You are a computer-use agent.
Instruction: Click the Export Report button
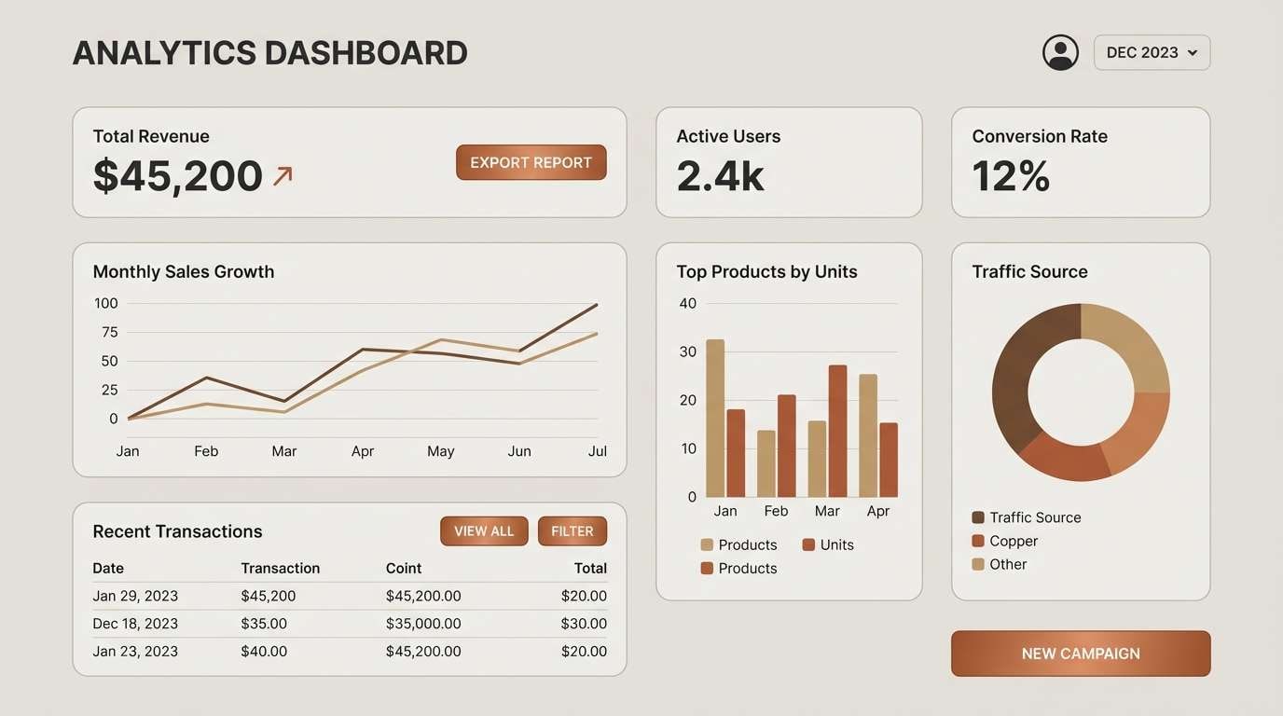[x=531, y=162]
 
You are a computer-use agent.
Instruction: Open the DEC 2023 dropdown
[x=1152, y=53]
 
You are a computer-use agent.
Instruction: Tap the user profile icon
[x=1060, y=53]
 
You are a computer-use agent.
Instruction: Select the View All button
[x=484, y=531]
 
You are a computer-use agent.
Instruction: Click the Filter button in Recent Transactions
[x=572, y=531]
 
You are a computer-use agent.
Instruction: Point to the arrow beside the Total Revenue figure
[x=283, y=175]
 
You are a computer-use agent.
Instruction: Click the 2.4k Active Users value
[x=720, y=176]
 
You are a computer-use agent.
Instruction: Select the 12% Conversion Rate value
[x=1011, y=176]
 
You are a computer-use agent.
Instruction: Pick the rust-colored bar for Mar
[x=837, y=431]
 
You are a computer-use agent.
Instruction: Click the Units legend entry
[x=828, y=545]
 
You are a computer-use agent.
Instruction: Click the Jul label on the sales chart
[x=598, y=451]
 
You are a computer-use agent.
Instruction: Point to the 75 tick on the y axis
[x=110, y=332]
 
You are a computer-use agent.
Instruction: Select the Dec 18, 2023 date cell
[x=135, y=624]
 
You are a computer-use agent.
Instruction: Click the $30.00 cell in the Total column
[x=584, y=624]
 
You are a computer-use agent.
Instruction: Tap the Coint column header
[x=404, y=569]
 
